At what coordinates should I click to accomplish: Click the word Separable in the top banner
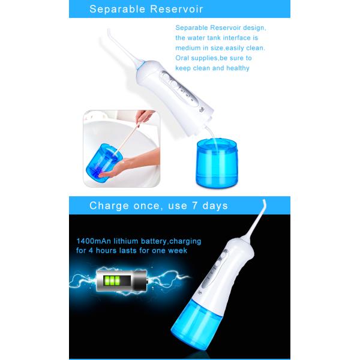117,10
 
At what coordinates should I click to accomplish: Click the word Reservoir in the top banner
177,10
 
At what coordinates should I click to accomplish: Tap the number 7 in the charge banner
194,205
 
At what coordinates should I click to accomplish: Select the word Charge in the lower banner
109,206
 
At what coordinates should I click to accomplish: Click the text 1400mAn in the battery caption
94,241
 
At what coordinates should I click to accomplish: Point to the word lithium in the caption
126,241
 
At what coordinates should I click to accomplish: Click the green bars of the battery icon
112,281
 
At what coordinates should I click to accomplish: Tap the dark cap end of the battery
140,281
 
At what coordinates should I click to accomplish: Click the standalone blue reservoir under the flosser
217,162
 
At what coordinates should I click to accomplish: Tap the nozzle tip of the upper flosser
109,31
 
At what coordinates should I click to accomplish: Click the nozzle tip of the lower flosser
265,202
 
